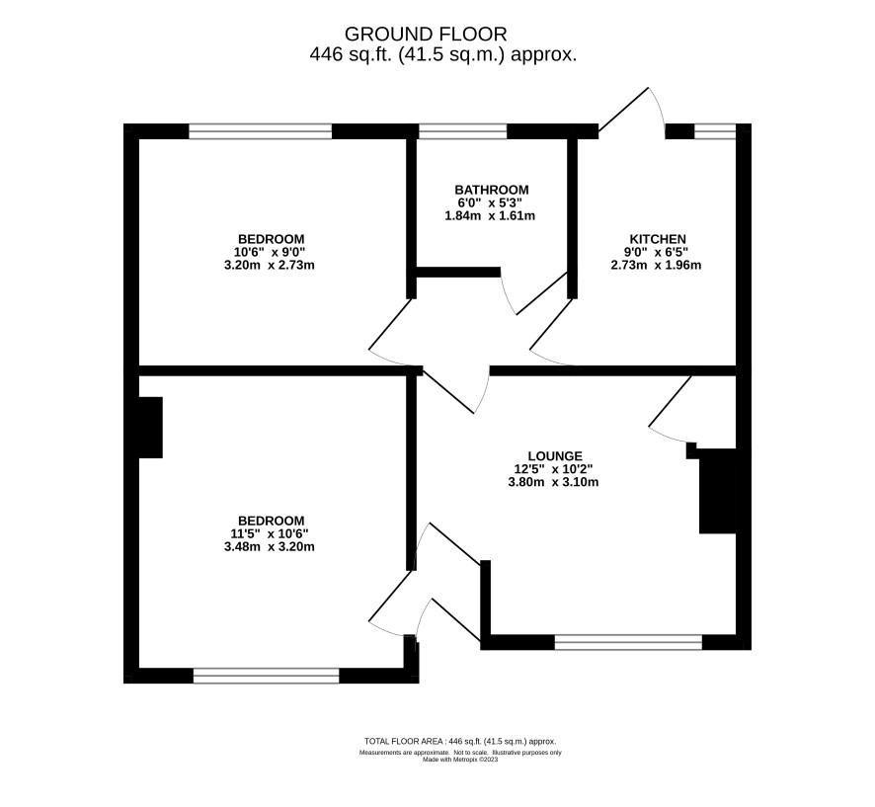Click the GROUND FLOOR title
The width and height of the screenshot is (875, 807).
[426, 34]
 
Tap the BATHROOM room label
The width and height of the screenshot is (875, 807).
[491, 190]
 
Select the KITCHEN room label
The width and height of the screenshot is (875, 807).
[658, 239]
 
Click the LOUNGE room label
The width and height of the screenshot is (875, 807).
[555, 456]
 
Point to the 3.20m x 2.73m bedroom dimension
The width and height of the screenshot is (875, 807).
[269, 265]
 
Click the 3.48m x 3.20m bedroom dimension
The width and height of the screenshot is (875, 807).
[269, 547]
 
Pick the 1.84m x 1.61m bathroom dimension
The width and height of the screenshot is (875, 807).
[490, 215]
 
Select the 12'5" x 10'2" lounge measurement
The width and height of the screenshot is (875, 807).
[554, 469]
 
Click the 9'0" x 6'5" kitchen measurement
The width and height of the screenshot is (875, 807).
[656, 252]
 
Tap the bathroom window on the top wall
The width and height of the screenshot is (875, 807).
[462, 131]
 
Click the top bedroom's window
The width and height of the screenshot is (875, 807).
[260, 131]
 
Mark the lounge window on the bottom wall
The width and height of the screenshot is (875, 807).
[628, 642]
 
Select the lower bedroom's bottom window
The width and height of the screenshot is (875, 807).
[267, 676]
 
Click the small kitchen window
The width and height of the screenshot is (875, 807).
[715, 131]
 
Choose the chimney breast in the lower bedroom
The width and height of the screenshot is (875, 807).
[150, 428]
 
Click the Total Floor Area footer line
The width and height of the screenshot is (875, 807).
[460, 742]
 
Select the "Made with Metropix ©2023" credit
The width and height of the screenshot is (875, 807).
[460, 760]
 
